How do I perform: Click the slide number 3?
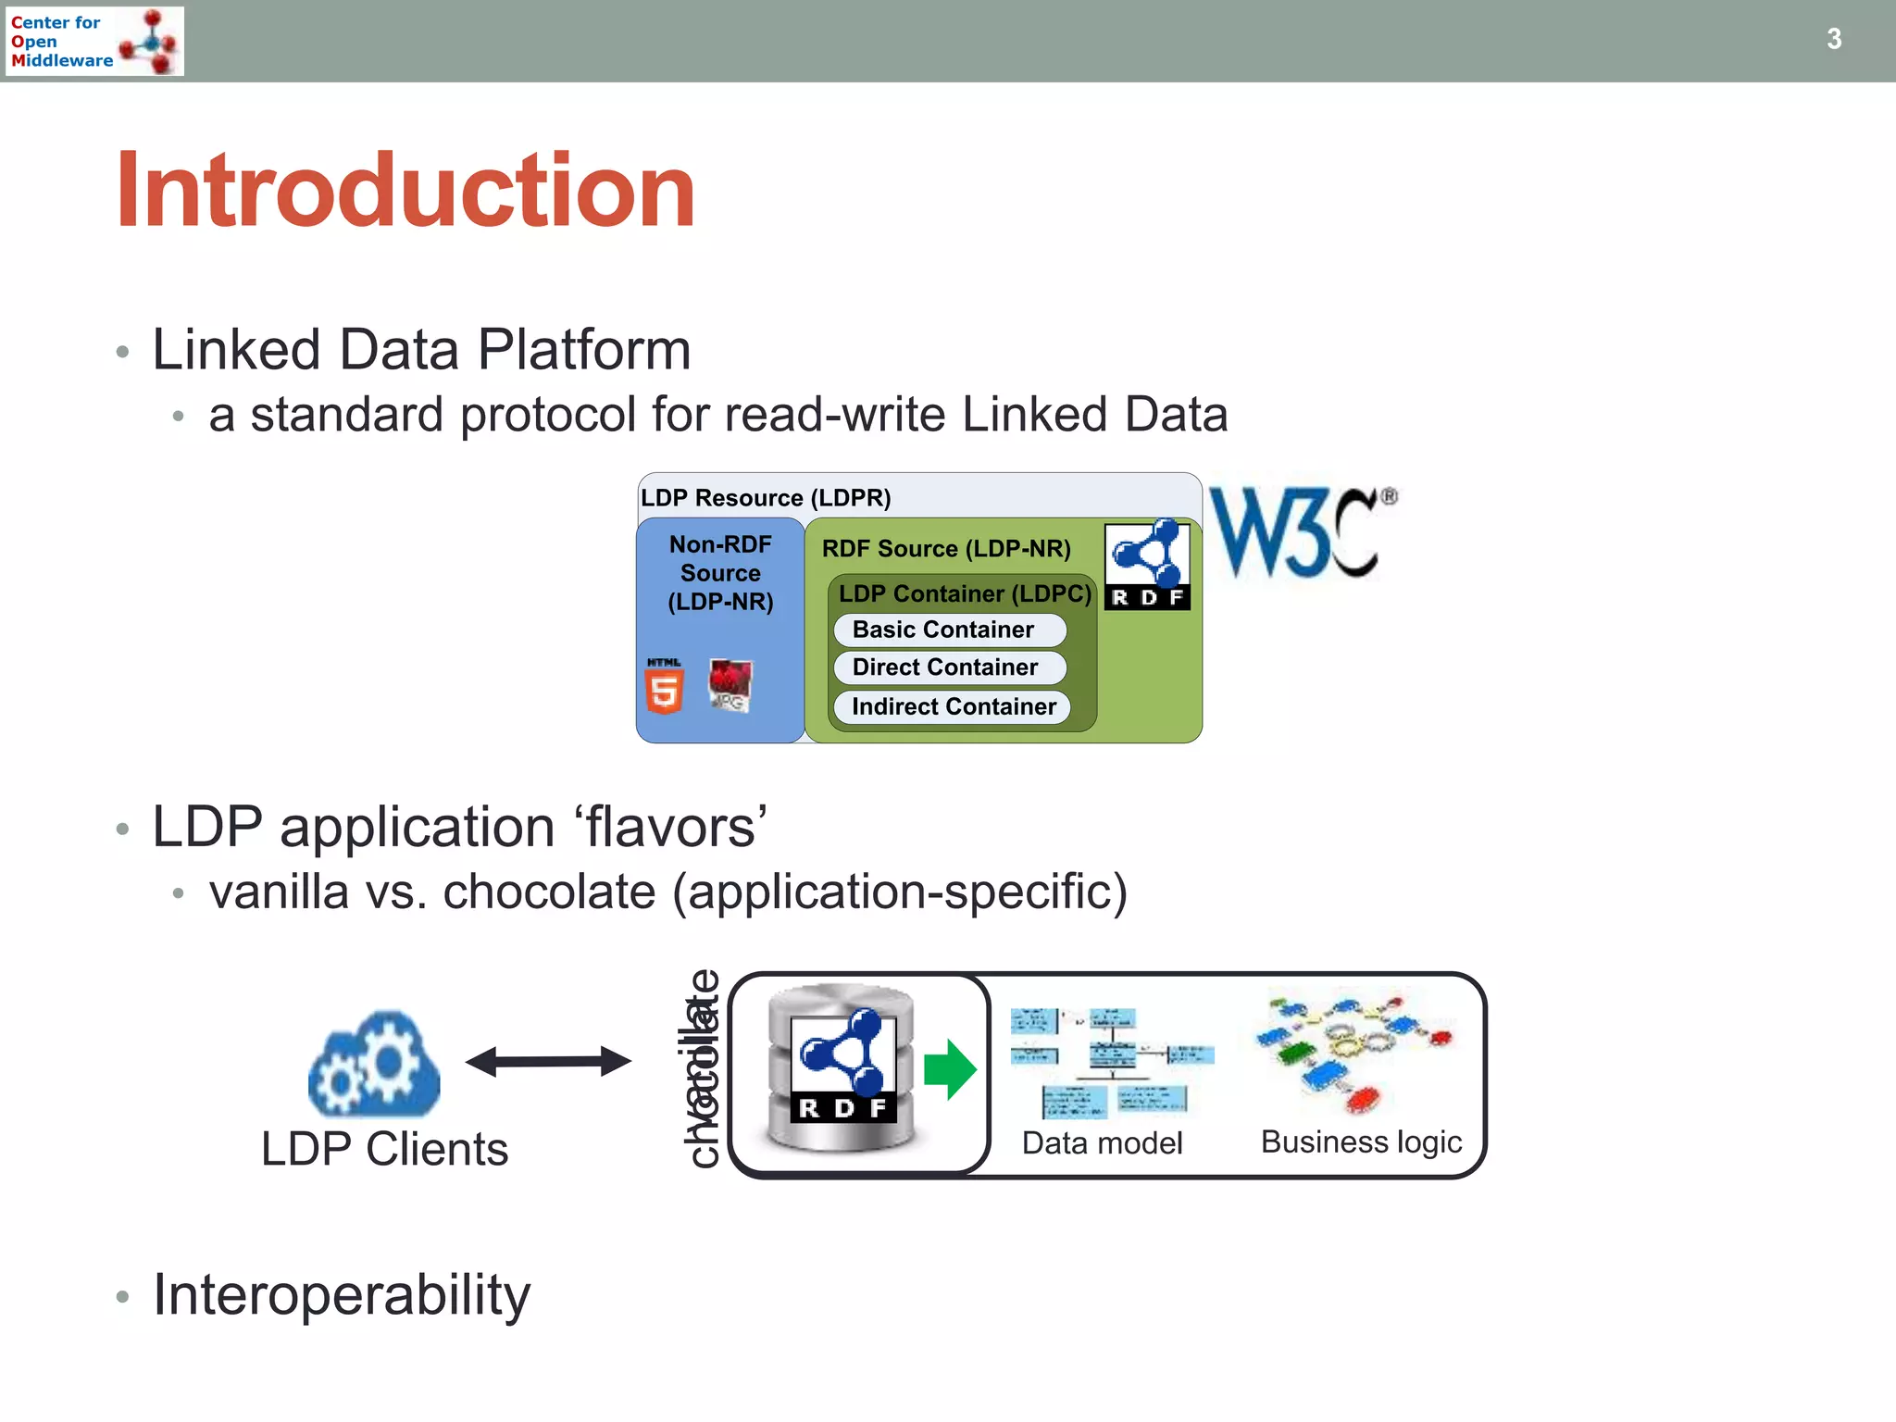pos(1833,39)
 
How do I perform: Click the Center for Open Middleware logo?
pos(94,42)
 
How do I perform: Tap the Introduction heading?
pos(405,191)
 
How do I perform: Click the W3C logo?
pos(1302,533)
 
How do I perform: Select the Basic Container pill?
pos(949,630)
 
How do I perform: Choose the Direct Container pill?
pos(949,667)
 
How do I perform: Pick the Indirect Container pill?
pos(952,706)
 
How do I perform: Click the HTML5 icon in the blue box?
pos(664,686)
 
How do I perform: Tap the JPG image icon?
pos(730,685)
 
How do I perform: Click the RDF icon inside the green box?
pos(1147,565)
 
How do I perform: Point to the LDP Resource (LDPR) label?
pos(766,497)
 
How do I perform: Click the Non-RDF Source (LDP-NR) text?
pos(720,573)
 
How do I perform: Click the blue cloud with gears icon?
pos(374,1065)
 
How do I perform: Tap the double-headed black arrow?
pos(548,1061)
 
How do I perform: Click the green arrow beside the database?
pos(950,1069)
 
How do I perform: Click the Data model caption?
pos(1102,1143)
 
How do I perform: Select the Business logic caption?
pos(1361,1141)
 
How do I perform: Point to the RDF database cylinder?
pos(842,1069)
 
